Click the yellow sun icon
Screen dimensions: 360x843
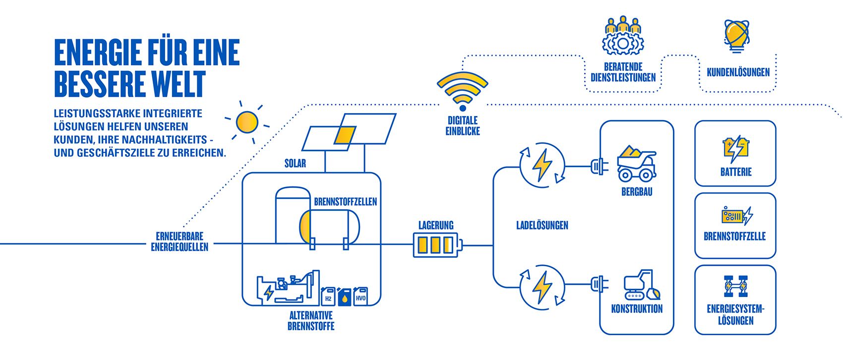click(x=246, y=122)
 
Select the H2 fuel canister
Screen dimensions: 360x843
click(x=328, y=297)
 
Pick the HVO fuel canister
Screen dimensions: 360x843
click(x=361, y=296)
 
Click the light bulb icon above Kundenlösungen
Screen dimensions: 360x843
click(x=736, y=36)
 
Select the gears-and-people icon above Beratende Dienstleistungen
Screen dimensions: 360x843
click(x=623, y=36)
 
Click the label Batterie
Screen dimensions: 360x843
click(x=735, y=172)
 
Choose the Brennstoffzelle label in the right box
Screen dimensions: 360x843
click(x=734, y=236)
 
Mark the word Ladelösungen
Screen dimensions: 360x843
click(x=542, y=225)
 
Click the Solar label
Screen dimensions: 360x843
click(x=295, y=163)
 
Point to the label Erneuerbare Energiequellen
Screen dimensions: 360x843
click(x=180, y=241)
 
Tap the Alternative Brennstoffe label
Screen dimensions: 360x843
click(x=311, y=321)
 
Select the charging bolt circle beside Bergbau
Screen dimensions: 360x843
click(x=542, y=165)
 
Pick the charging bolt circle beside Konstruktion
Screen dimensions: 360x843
click(x=542, y=287)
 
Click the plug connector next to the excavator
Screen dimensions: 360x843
click(x=599, y=284)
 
